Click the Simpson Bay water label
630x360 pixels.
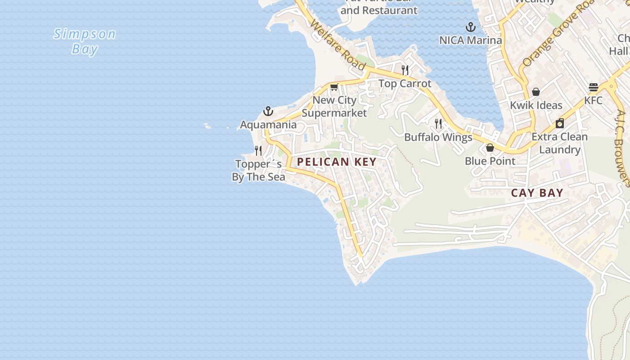point(85,41)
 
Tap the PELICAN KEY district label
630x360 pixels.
point(337,162)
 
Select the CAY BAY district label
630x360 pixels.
point(537,193)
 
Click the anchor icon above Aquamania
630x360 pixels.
point(268,111)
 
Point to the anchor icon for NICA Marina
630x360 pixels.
point(471,27)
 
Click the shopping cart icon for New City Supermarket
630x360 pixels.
point(334,87)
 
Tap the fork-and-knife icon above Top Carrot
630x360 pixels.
point(405,70)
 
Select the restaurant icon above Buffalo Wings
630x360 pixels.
point(438,124)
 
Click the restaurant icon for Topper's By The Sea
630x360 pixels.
point(258,150)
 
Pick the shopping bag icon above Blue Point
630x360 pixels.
point(490,148)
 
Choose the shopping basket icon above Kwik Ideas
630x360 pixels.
point(536,92)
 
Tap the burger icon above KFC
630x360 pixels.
point(593,87)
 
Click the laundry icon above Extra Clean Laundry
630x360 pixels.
point(560,123)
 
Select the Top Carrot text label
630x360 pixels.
point(405,84)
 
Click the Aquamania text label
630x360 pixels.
point(268,125)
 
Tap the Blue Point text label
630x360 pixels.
point(490,161)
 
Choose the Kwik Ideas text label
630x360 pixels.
point(536,105)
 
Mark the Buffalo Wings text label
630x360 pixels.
point(438,137)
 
